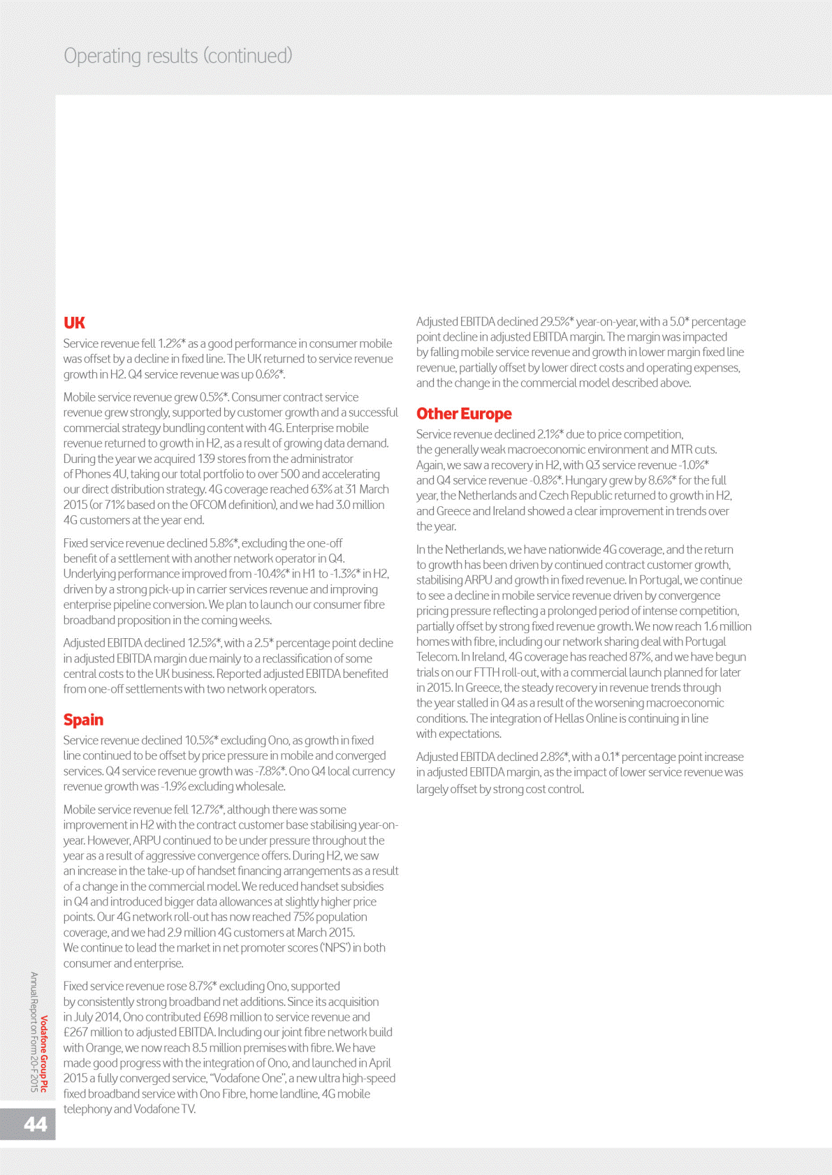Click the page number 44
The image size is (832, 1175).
36,1123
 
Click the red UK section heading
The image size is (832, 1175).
74,323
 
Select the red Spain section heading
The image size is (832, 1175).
83,720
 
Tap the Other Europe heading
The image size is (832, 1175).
464,414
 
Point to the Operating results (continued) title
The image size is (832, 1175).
178,56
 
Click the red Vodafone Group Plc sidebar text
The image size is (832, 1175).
44,1054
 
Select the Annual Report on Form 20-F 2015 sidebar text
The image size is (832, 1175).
34,1031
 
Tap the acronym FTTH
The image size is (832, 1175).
487,672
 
